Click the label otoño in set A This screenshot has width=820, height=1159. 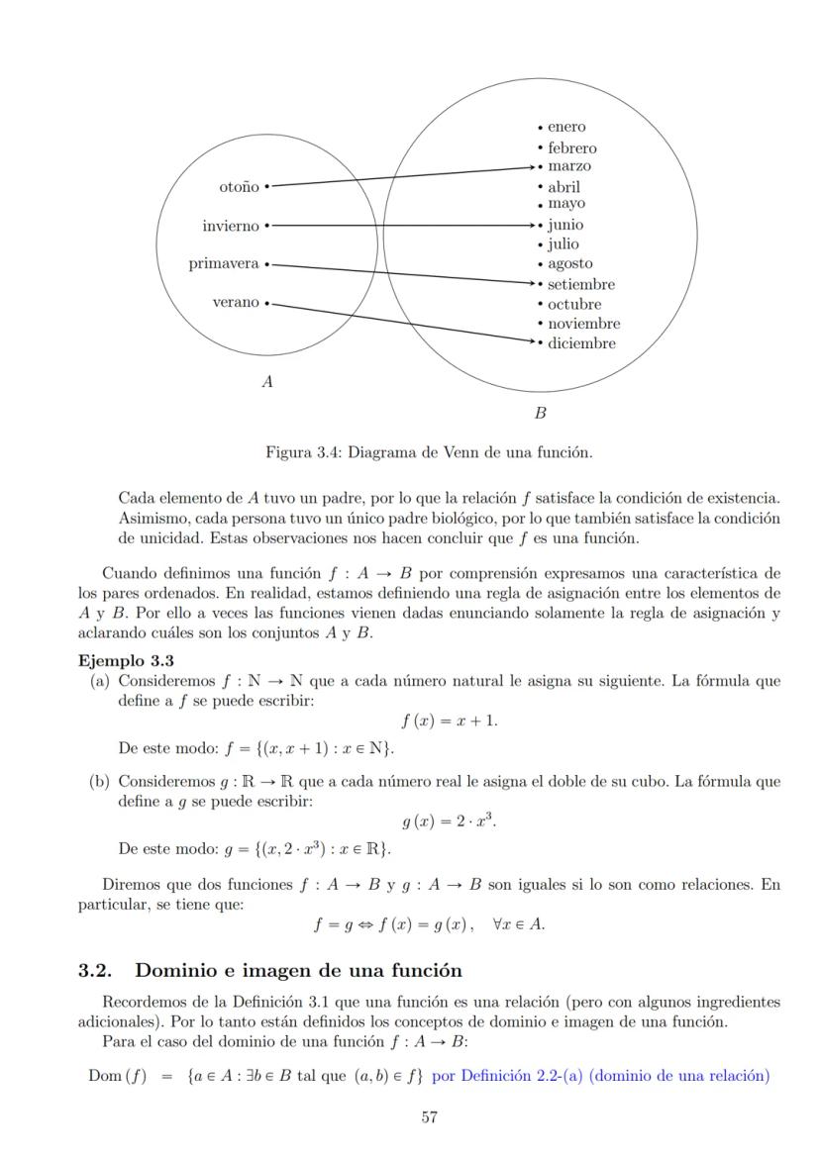(239, 186)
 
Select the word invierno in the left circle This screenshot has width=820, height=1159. (231, 226)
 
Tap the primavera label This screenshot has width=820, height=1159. (224, 264)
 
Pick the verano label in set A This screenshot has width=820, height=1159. (236, 303)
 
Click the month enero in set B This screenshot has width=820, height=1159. (566, 127)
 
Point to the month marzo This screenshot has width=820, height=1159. (569, 166)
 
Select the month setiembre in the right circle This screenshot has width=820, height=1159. (581, 285)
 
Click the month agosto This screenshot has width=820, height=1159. (570, 264)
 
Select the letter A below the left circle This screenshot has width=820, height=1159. (266, 381)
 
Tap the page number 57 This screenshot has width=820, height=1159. (430, 1117)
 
